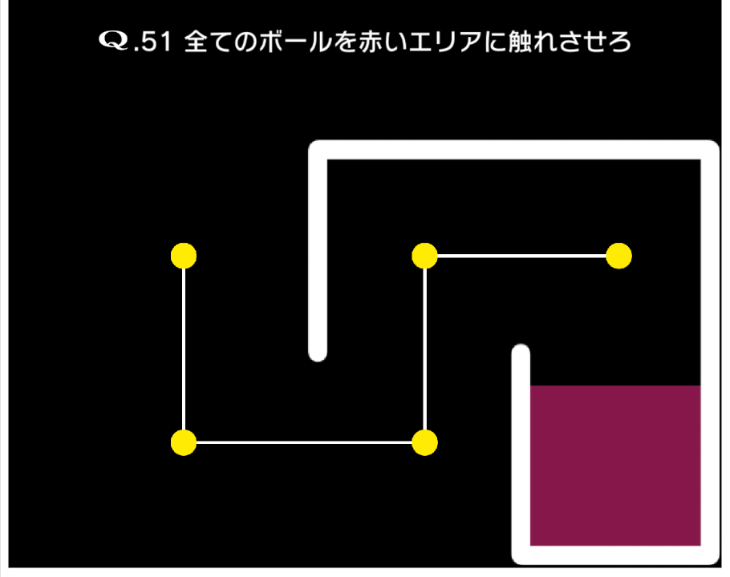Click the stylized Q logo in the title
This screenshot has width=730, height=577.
coord(114,40)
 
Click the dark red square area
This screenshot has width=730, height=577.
coord(615,466)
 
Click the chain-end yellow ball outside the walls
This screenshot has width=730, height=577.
coord(184,256)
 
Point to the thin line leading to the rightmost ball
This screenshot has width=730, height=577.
coord(522,256)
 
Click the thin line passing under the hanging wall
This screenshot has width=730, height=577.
coord(304,442)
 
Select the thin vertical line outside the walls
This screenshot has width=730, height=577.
coord(184,349)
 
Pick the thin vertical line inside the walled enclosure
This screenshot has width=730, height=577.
coord(424,349)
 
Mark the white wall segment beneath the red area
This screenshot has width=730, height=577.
coord(615,555)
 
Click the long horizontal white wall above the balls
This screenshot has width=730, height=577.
coord(514,150)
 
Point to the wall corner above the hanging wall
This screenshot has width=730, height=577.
coord(318,150)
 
